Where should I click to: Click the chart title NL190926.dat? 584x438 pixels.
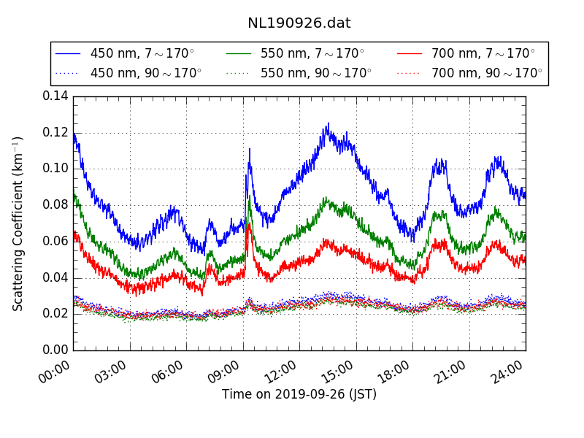pyautogui.click(x=299, y=23)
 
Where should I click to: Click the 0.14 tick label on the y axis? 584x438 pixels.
pyautogui.click(x=55, y=96)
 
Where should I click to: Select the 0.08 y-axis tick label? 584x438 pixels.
pyautogui.click(x=55, y=205)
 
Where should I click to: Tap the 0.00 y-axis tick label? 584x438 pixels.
pyautogui.click(x=55, y=350)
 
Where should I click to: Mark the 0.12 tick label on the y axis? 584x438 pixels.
pyautogui.click(x=55, y=132)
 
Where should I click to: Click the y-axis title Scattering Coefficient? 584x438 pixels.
pyautogui.click(x=18, y=223)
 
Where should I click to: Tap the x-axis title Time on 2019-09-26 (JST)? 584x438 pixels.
pyautogui.click(x=299, y=395)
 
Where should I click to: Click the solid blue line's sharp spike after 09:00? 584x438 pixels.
pyautogui.click(x=250, y=150)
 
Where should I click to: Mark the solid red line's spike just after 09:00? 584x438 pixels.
pyautogui.click(x=249, y=224)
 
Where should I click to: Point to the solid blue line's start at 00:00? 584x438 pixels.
pyautogui.click(x=74, y=135)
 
